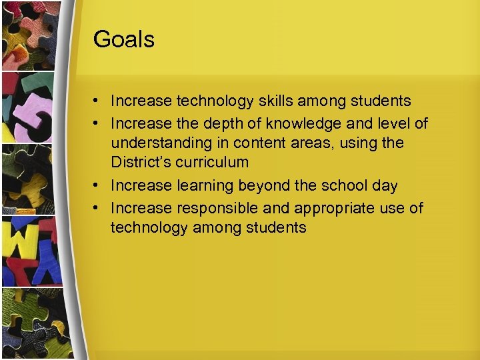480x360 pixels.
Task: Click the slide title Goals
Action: (124, 39)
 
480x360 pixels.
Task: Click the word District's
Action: (141, 162)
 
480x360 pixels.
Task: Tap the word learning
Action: (204, 186)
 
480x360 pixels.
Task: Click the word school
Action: (342, 186)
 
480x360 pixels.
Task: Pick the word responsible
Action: (211, 208)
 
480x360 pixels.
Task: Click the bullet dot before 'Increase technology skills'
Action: (97, 101)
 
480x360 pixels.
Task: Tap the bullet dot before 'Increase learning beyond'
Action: (97, 186)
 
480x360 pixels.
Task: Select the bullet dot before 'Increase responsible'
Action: (97, 208)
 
